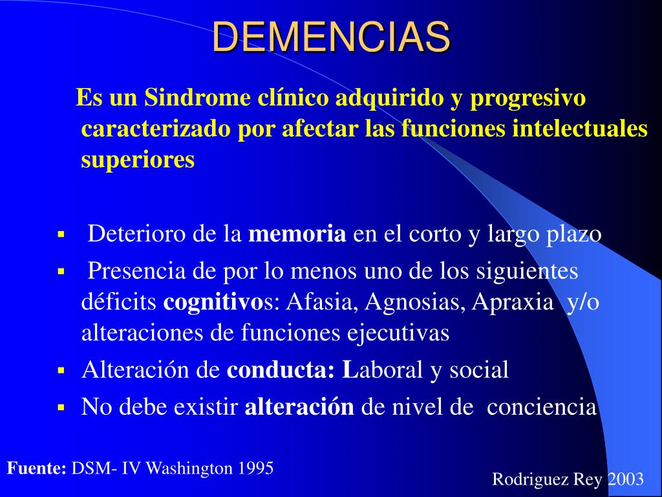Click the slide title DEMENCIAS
click(x=331, y=36)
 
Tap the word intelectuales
click(x=580, y=129)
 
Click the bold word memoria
click(x=297, y=234)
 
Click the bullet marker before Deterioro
click(x=61, y=233)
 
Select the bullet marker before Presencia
click(x=61, y=271)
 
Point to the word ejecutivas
click(x=398, y=333)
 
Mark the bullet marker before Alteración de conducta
click(x=61, y=371)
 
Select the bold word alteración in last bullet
click(x=299, y=406)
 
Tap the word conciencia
click(x=542, y=407)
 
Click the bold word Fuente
click(x=37, y=469)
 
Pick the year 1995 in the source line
click(x=255, y=469)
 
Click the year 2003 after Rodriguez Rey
click(x=626, y=480)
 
